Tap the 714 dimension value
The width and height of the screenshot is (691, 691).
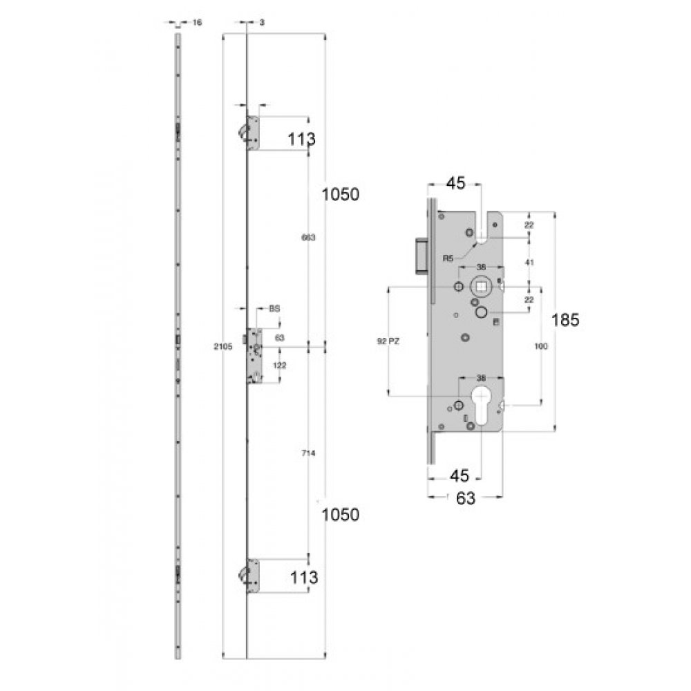[x=308, y=453]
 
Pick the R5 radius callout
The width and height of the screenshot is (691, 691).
[x=448, y=258]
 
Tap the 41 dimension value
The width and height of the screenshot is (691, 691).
[x=529, y=263]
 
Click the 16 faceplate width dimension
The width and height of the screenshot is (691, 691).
[x=196, y=23]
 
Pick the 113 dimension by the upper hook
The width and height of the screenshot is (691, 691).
[x=301, y=139]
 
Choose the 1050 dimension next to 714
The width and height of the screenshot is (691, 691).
[x=341, y=514]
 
